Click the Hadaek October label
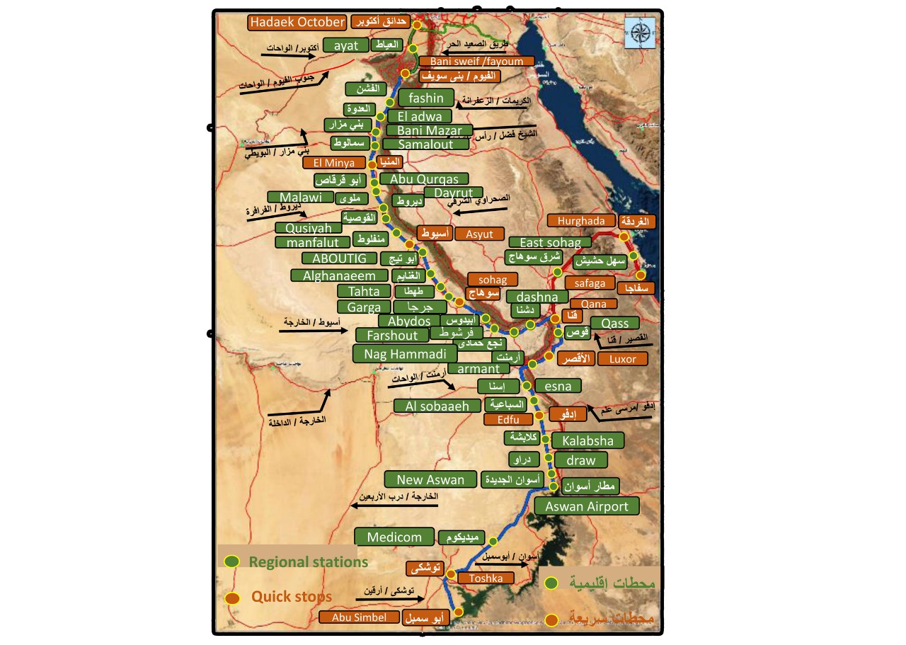[297, 22]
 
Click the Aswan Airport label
[587, 506]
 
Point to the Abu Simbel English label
[360, 617]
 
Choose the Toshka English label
[486, 578]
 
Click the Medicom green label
[394, 537]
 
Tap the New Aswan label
[430, 479]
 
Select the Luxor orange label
[622, 359]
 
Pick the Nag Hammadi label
[405, 353]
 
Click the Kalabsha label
[588, 440]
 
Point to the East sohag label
[550, 243]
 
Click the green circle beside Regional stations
[231, 561]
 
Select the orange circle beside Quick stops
[231, 598]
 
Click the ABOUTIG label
[335, 258]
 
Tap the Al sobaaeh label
[437, 406]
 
